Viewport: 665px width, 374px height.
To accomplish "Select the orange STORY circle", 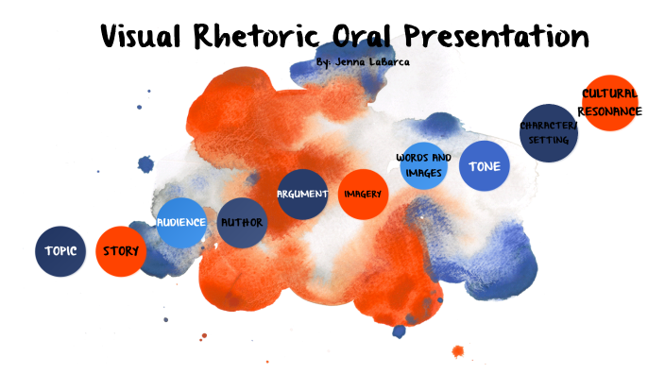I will click(121, 252).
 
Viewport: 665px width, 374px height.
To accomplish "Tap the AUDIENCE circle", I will click(181, 223).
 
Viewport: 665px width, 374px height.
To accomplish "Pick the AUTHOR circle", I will click(242, 224).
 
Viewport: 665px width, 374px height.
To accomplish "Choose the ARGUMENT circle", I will click(302, 195).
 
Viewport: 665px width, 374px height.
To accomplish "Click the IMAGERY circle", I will click(363, 195).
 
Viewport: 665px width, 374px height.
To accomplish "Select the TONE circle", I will click(484, 166).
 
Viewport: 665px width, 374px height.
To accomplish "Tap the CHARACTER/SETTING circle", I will click(548, 133).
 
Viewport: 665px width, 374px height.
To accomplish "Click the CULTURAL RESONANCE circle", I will click(609, 102).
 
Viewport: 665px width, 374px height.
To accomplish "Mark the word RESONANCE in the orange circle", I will click(609, 111).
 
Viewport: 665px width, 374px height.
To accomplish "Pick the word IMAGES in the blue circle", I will click(422, 174).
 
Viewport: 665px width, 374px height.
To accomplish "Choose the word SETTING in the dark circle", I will click(548, 141).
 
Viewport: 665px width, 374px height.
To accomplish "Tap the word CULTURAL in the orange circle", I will click(609, 94).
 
